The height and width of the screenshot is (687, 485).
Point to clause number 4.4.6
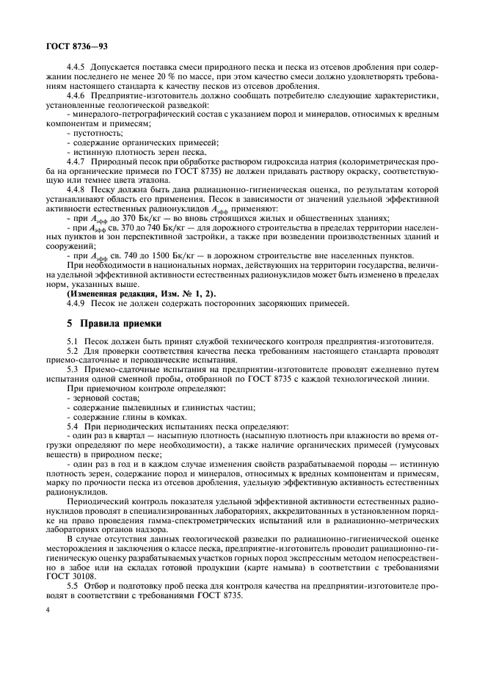(77, 95)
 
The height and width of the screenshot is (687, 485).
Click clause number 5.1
(72, 341)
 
